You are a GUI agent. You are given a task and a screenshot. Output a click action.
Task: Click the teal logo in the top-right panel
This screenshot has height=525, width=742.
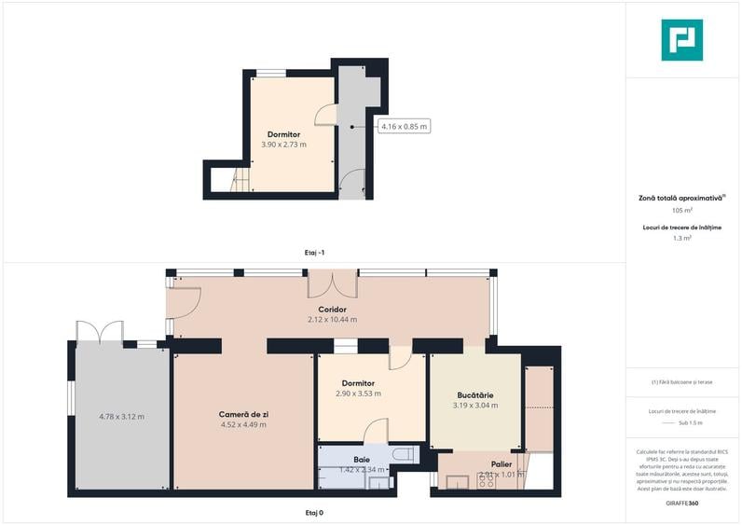[x=681, y=40]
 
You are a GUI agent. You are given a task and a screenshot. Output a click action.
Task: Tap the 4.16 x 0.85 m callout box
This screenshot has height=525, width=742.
[x=404, y=126]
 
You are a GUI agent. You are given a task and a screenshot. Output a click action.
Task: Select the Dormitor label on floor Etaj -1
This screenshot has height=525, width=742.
[x=283, y=134]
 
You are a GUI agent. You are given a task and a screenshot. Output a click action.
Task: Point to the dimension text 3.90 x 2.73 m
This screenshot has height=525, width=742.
[x=283, y=145]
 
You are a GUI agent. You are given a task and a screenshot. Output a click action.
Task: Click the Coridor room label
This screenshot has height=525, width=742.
[x=332, y=309]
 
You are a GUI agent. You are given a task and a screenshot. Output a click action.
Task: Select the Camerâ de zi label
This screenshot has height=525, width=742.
[x=242, y=413]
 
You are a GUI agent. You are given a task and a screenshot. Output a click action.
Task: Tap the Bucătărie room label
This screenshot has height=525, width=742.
[x=474, y=394]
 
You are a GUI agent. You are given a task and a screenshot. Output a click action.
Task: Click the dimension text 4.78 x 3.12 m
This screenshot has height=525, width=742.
[x=121, y=416]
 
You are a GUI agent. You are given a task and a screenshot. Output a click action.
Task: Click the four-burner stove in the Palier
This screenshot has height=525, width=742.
[x=486, y=482]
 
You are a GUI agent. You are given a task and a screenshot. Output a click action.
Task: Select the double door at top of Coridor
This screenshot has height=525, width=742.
[x=332, y=283]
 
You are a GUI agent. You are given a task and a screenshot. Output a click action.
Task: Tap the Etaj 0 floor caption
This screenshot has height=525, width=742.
[x=313, y=512]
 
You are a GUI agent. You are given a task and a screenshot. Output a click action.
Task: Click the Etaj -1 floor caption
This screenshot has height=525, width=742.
[x=314, y=253]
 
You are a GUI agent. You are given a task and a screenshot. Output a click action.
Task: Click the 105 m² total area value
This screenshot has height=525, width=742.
[x=681, y=211]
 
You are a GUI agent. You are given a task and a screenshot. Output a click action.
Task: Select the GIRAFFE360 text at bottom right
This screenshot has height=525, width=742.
[x=681, y=504]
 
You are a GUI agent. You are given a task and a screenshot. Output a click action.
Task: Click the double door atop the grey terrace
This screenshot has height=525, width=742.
[x=100, y=332]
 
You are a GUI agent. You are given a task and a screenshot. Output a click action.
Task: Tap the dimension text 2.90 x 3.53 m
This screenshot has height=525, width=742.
[x=358, y=394]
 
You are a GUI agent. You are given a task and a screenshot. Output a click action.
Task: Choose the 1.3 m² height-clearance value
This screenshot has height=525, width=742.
[x=681, y=239]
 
